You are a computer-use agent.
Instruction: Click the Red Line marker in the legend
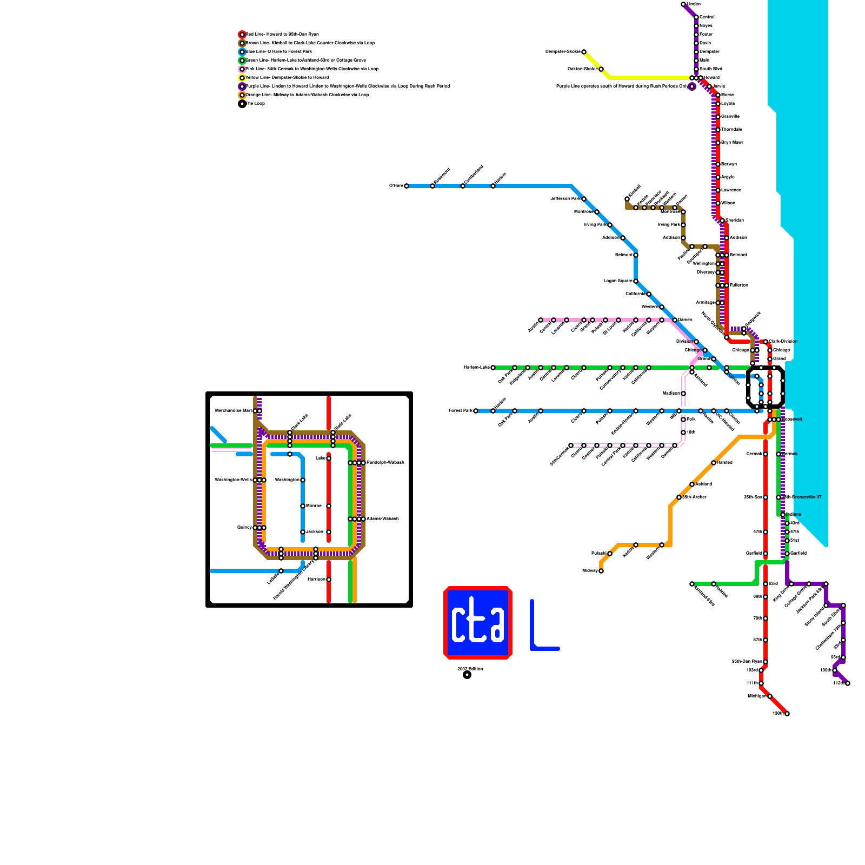pos(242,35)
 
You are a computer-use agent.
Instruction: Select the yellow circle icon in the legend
pos(242,78)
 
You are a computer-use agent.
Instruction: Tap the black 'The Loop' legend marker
pos(242,104)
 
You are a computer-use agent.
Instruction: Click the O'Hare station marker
pos(407,186)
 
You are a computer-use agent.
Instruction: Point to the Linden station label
pos(694,4)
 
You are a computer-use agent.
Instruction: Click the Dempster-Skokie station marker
pos(584,52)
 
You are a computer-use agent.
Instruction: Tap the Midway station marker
pos(601,571)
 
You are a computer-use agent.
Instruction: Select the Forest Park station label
pos(460,411)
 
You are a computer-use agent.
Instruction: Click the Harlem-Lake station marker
pos(493,368)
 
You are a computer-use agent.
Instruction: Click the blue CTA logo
pos(478,623)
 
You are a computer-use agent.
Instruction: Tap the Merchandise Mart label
pos(234,411)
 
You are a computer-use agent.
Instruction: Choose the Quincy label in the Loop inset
pos(244,528)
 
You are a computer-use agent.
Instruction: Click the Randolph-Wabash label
pos(385,463)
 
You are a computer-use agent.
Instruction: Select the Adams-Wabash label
pos(383,519)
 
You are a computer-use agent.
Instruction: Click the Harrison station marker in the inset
pos(329,580)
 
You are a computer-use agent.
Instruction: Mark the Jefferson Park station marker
pos(584,199)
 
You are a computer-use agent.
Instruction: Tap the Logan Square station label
pos(618,281)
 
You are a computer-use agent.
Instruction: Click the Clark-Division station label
pos(783,342)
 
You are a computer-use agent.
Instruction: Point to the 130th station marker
pos(787,714)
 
